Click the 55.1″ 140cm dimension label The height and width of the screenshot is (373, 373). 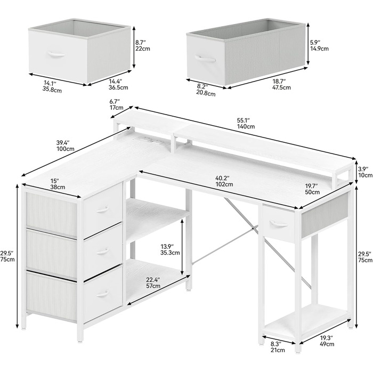(246, 123)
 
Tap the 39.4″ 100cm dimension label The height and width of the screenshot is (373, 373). (65, 146)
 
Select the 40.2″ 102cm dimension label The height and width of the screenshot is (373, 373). (224, 181)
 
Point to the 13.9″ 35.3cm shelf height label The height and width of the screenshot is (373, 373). (170, 249)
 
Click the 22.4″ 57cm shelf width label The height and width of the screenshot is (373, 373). (153, 282)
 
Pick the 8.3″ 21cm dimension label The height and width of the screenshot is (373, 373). (278, 347)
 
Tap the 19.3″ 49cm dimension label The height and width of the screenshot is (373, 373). (327, 341)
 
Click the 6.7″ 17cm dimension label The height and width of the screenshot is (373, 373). (116, 104)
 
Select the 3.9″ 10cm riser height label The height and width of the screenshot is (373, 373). (365, 172)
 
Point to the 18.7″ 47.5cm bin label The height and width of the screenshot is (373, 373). (281, 84)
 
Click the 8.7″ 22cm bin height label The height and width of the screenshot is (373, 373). (143, 46)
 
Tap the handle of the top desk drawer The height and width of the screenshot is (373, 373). (103, 209)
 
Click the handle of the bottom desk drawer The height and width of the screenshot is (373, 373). (103, 294)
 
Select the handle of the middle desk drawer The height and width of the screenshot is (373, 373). (103, 251)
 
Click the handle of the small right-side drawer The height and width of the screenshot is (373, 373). (279, 223)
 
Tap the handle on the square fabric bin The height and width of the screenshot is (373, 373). (56, 54)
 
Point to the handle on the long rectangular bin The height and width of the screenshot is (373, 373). (205, 58)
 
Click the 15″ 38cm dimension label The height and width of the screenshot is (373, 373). (58, 184)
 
